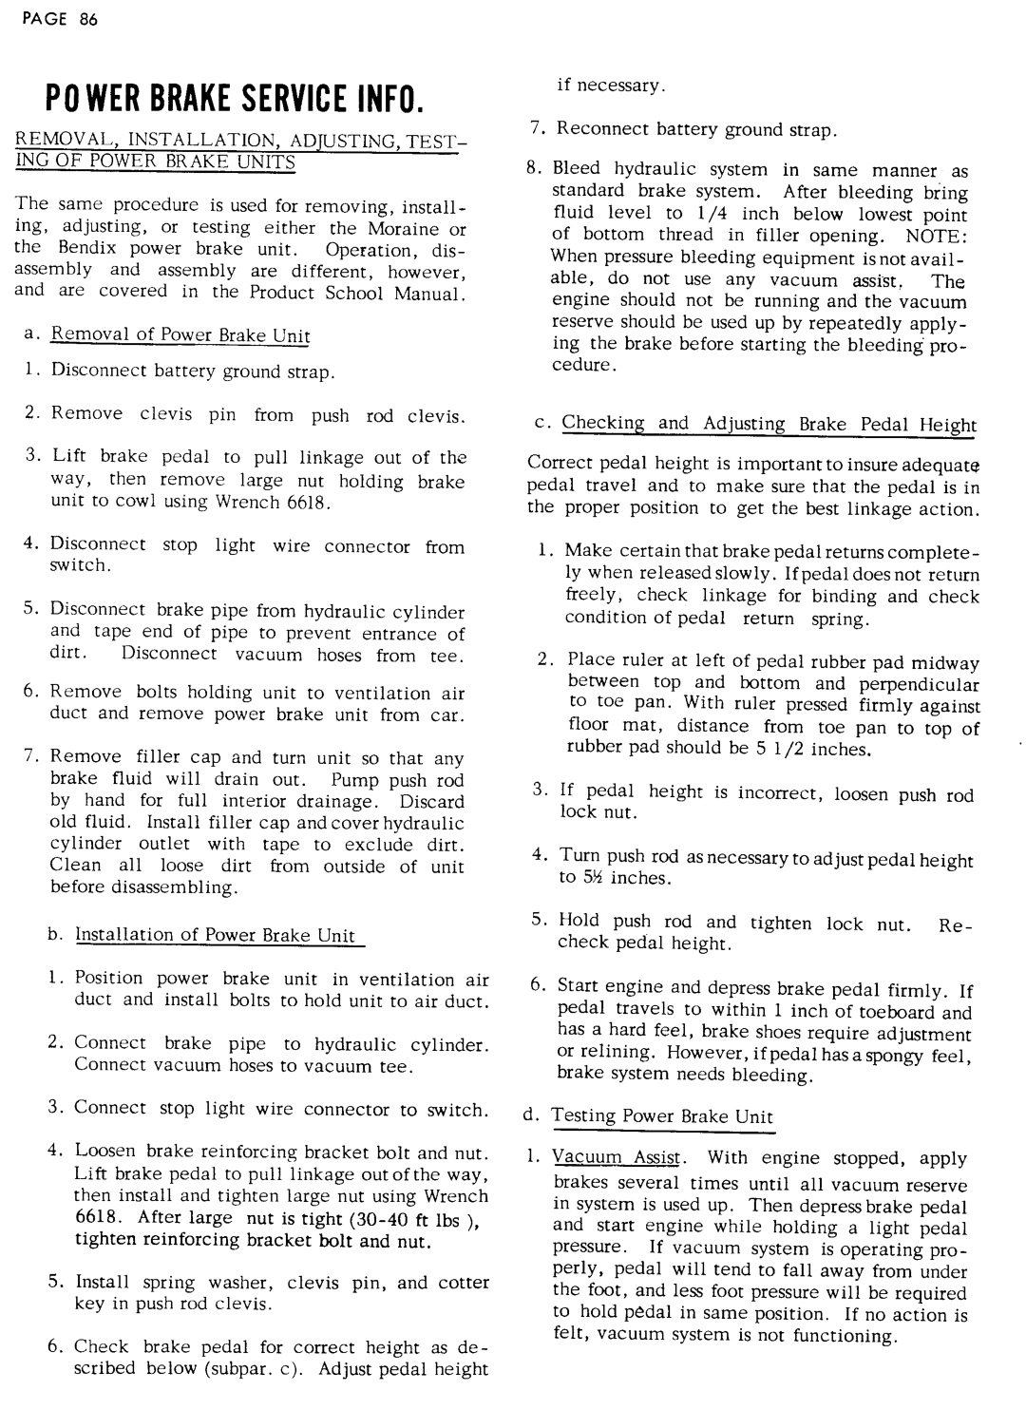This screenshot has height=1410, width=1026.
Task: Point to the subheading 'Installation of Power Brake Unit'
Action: click(x=215, y=935)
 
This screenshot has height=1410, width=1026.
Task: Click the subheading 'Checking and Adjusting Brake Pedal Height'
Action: click(x=769, y=424)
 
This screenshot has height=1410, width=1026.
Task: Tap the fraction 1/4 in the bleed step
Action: click(x=712, y=214)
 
